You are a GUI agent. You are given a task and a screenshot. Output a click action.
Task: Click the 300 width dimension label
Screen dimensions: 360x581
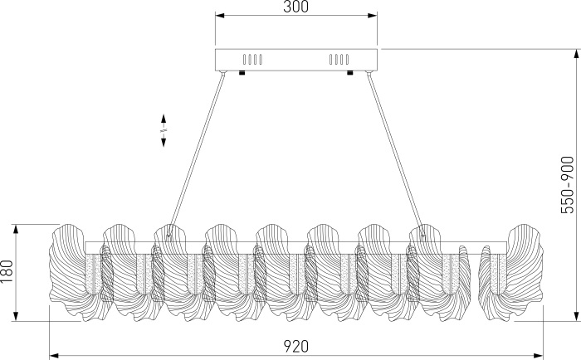click(295, 8)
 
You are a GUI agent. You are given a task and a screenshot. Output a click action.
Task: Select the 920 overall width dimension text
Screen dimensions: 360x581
click(295, 346)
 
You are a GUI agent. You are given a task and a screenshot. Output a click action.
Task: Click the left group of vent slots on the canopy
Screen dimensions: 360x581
click(252, 60)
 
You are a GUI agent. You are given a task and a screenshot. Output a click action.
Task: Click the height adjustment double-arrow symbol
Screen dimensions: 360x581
click(164, 131)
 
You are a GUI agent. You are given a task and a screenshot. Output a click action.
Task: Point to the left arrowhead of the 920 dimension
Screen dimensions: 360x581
click(53, 356)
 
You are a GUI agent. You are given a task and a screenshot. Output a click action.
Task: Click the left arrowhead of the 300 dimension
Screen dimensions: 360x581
click(218, 15)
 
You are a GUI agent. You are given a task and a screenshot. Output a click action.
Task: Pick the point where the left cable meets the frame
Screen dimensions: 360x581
click(169, 236)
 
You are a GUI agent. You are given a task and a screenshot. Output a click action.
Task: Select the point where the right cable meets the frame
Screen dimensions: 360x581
click(422, 236)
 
